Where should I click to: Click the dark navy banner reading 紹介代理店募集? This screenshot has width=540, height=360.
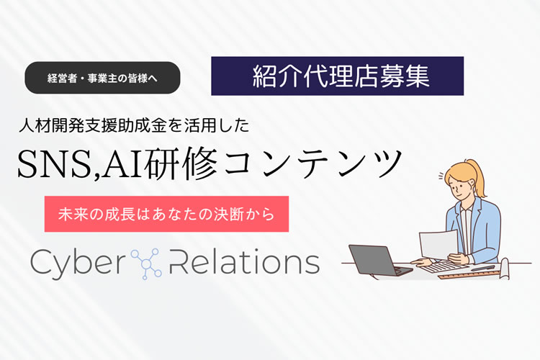click(337, 76)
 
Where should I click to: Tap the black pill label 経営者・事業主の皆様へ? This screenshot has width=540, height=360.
click(102, 78)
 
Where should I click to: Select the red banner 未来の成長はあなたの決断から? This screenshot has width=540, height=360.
click(166, 214)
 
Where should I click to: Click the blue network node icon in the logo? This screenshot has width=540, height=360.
click(146, 264)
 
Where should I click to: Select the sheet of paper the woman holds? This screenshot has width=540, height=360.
click(438, 244)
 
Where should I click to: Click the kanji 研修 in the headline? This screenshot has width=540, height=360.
click(181, 163)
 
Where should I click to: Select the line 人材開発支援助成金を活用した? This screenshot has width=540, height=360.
click(134, 126)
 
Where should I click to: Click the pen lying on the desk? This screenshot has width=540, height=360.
click(483, 268)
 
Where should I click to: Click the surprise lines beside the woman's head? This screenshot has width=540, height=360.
click(441, 176)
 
